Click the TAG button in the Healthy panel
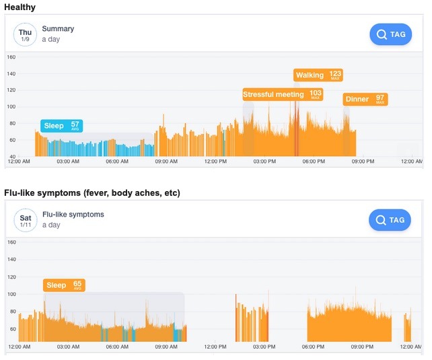[390, 34]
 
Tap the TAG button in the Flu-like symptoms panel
[390, 220]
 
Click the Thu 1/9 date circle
[26, 34]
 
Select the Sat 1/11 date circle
[26, 220]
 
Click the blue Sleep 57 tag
[61, 126]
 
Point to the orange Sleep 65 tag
[64, 285]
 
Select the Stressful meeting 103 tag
[283, 94]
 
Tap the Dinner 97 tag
[365, 99]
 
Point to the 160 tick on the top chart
[11, 57]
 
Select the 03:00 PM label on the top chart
[264, 162]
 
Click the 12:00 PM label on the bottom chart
[215, 347]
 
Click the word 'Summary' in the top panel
[58, 29]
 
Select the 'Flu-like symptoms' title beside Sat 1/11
[73, 215]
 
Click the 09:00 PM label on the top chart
[363, 162]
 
